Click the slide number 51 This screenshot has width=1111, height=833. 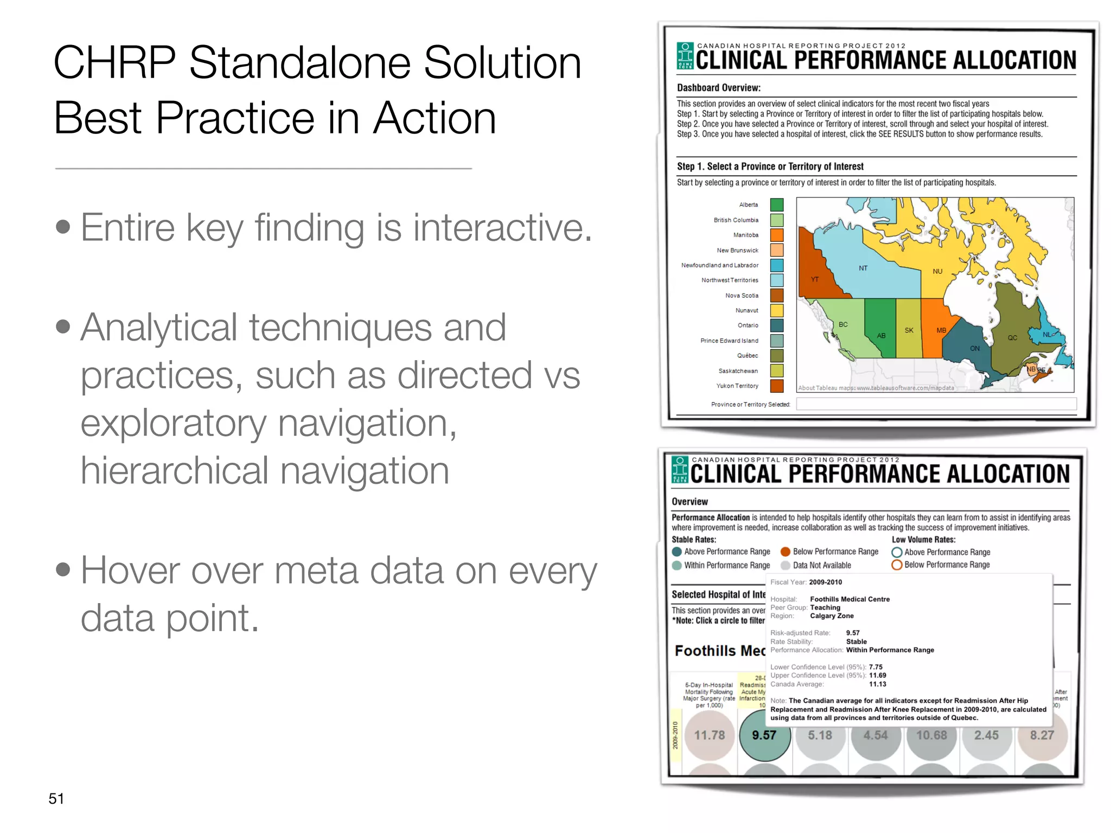[56, 798]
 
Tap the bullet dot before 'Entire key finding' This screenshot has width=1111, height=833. [63, 226]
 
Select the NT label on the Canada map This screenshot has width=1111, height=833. [863, 268]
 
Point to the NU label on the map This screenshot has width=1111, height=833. [937, 271]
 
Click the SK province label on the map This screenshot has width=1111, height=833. [909, 330]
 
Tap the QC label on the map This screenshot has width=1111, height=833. [1012, 338]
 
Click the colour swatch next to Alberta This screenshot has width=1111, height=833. [777, 205]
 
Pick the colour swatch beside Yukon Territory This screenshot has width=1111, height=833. [777, 386]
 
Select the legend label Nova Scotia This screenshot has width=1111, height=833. [742, 296]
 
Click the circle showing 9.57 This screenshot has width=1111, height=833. [764, 736]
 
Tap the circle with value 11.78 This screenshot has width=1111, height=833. [709, 736]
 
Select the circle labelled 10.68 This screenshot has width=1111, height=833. [931, 736]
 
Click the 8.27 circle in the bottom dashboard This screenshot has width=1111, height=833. [1042, 736]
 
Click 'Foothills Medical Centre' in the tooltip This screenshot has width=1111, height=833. [850, 599]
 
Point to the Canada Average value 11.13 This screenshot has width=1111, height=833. [877, 684]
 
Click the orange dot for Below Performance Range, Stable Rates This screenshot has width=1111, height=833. [785, 552]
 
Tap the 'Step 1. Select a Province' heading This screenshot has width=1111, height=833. [770, 166]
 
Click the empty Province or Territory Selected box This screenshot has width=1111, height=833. [936, 404]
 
